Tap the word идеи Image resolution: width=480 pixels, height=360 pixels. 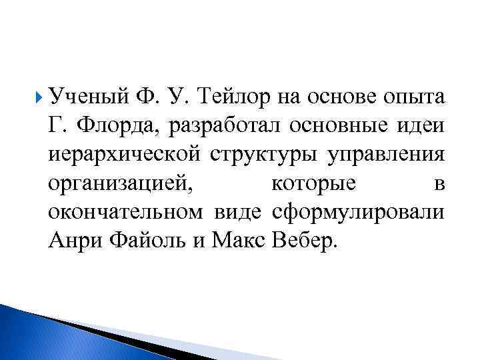click(x=423, y=125)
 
